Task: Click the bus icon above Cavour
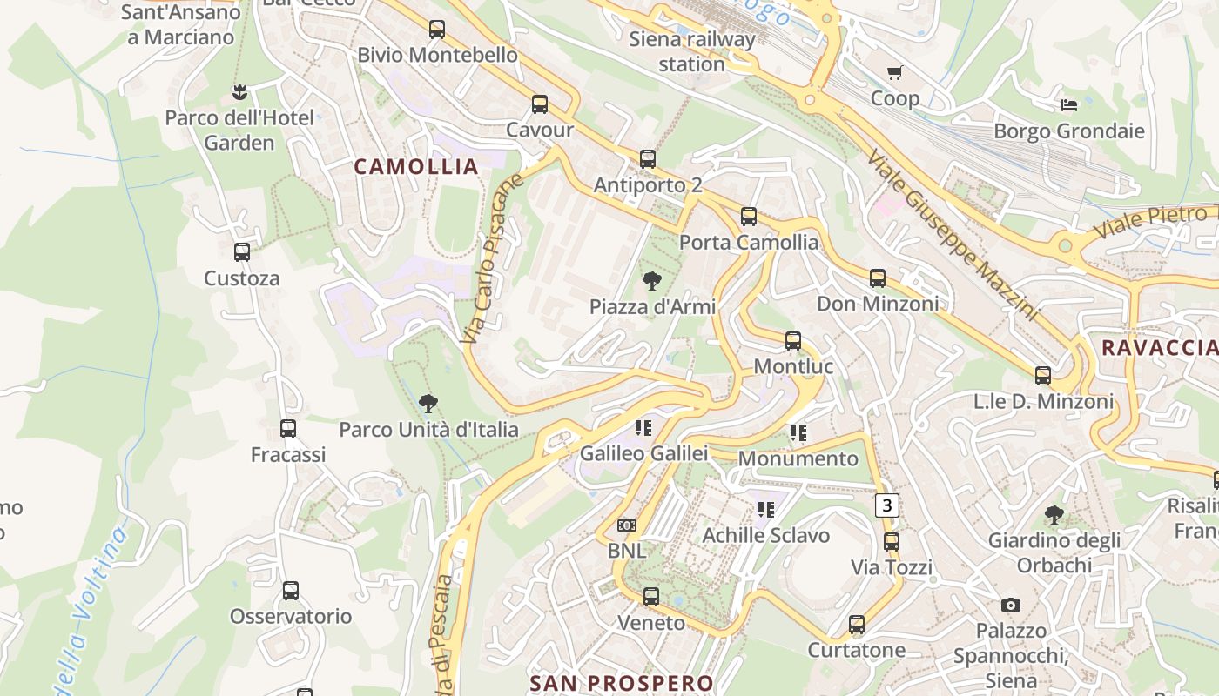point(540,105)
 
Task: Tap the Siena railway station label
point(692,51)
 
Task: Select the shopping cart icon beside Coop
point(894,73)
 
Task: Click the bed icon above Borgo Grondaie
point(1069,105)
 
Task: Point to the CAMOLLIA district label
point(416,166)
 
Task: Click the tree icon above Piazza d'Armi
point(651,281)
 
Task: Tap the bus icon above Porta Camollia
point(749,217)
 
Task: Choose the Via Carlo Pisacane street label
point(493,258)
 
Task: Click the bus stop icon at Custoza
point(242,252)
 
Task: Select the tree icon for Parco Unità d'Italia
point(428,404)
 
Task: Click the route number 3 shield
point(886,505)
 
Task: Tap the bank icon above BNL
point(626,525)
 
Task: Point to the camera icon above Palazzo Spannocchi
point(1010,605)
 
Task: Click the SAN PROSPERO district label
point(622,683)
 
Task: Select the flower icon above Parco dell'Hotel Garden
point(239,91)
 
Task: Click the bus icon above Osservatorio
point(291,591)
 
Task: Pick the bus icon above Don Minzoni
point(878,278)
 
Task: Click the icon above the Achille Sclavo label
point(766,510)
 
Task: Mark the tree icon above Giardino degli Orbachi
point(1054,515)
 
